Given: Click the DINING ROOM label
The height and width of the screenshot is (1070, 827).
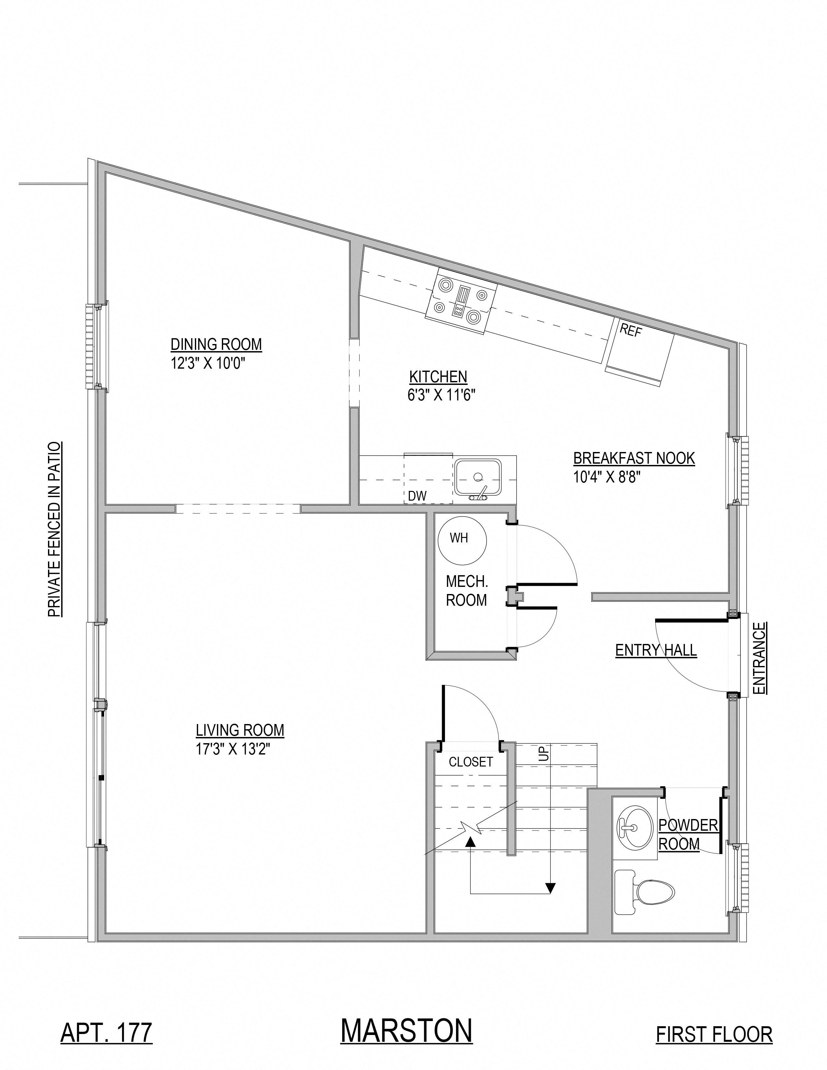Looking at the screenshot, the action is tap(216, 344).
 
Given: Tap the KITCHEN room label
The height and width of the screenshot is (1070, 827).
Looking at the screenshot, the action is tap(438, 377).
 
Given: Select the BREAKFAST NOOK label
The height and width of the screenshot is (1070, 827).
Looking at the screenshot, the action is tap(634, 458).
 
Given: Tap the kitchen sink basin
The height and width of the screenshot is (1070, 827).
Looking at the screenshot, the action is tap(478, 477).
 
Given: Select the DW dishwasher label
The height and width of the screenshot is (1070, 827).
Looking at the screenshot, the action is tap(417, 496).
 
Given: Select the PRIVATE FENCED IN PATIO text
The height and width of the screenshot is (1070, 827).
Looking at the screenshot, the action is tap(54, 529).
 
